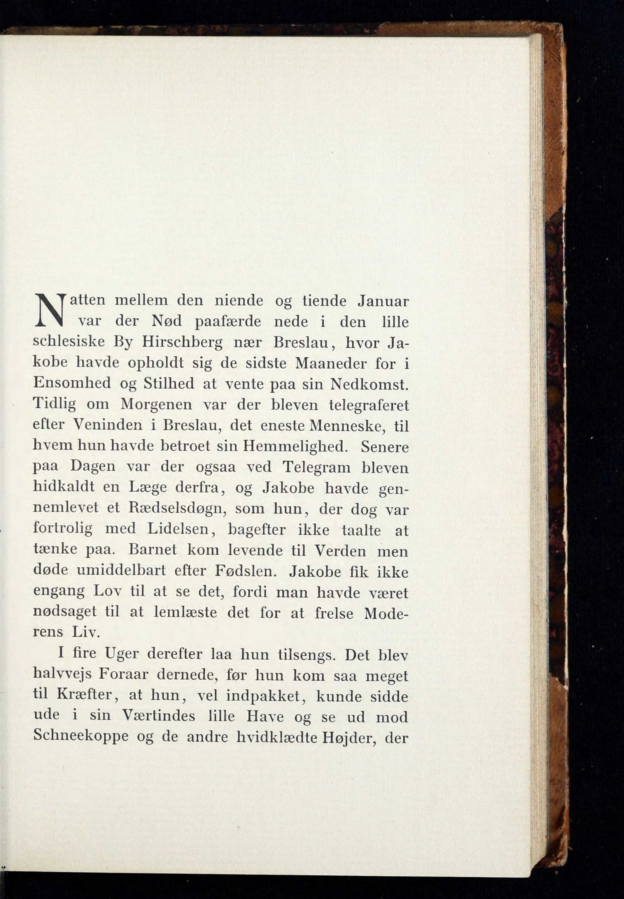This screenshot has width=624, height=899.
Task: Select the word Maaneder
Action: click(x=331, y=364)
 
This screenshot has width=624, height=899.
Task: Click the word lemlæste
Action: click(x=185, y=612)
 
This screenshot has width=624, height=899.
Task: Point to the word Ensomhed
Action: click(x=72, y=384)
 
